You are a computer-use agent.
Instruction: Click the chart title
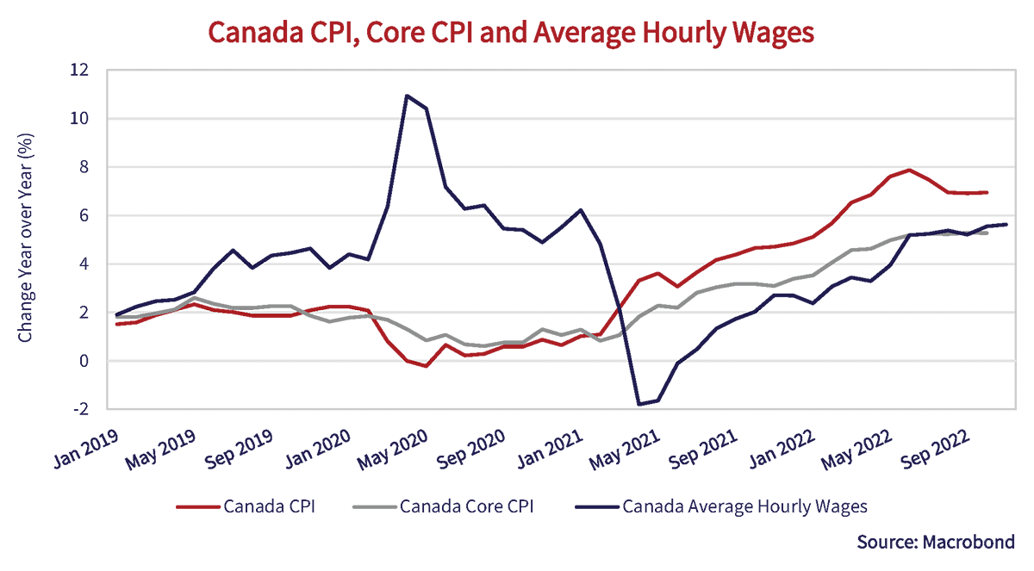(511, 32)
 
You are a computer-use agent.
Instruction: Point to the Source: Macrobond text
(936, 542)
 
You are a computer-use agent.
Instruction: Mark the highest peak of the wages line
(407, 96)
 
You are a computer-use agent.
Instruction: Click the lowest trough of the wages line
(639, 404)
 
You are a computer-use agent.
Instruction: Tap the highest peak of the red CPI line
(908, 170)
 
